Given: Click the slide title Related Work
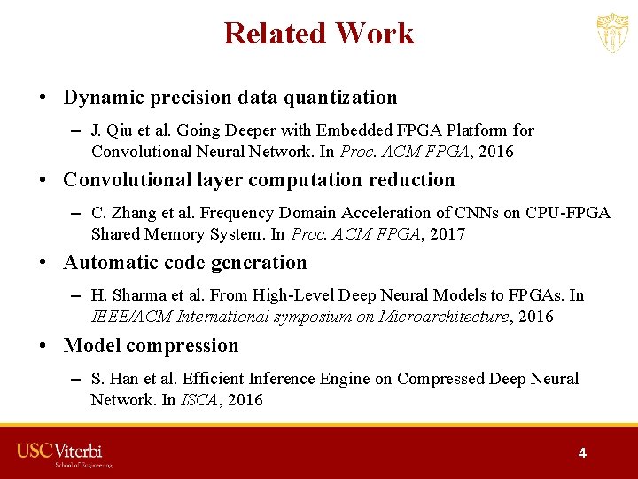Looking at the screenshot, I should point(319,34).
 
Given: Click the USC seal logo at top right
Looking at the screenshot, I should point(612,34).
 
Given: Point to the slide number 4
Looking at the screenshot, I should point(582,452).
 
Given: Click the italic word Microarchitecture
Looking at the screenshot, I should point(444,317).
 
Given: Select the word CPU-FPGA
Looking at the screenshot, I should point(566,213).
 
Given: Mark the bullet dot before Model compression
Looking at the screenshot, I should point(44,347).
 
